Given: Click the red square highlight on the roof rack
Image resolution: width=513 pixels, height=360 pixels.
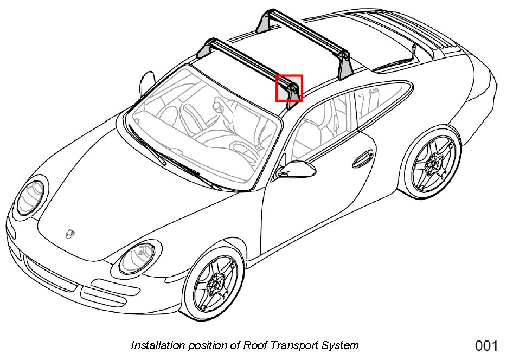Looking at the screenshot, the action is click(x=289, y=88).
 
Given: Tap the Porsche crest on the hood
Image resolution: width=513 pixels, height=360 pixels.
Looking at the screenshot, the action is click(x=70, y=233).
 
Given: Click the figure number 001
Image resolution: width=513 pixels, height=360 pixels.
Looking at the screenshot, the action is click(x=486, y=345).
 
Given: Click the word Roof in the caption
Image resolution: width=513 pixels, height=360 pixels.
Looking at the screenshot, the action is click(x=254, y=345).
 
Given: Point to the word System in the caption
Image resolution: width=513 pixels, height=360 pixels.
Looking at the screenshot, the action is click(x=341, y=345).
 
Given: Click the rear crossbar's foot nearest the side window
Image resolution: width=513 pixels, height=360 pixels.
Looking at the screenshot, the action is click(x=344, y=65).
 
